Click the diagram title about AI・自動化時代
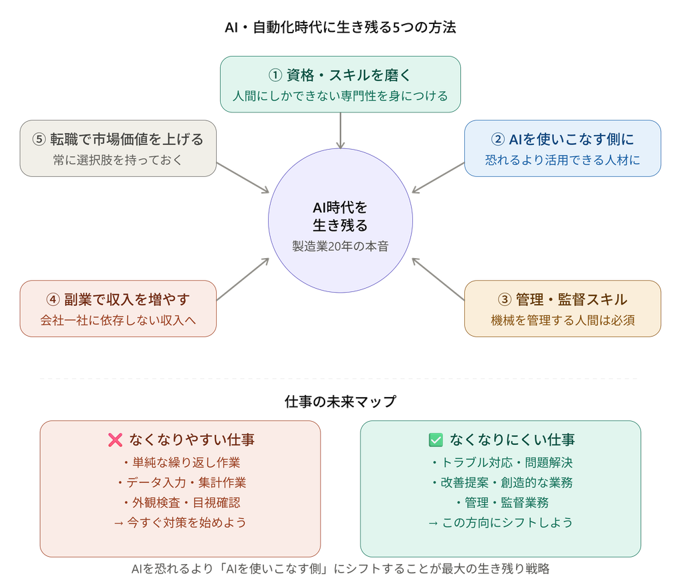tap(340, 27)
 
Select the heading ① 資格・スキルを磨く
tap(340, 75)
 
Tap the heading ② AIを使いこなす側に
tap(563, 140)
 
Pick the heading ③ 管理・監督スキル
tap(563, 300)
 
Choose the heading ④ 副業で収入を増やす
tap(118, 300)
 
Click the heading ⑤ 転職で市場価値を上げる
tap(118, 140)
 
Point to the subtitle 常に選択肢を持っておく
tap(118, 160)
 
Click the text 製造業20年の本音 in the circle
tap(340, 246)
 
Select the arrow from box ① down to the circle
tap(340, 130)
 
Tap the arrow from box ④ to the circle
tap(243, 279)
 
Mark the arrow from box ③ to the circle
tap(438, 279)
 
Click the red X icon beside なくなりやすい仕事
tap(115, 440)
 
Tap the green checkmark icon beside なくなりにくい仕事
tap(436, 440)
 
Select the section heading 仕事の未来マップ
tap(340, 401)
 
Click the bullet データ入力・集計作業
tap(180, 483)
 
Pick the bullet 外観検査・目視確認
tap(180, 503)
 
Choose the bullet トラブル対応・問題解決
tap(501, 463)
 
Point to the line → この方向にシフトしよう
tap(501, 523)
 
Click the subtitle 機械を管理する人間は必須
tap(563, 320)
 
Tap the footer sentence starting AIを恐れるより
tap(340, 569)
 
